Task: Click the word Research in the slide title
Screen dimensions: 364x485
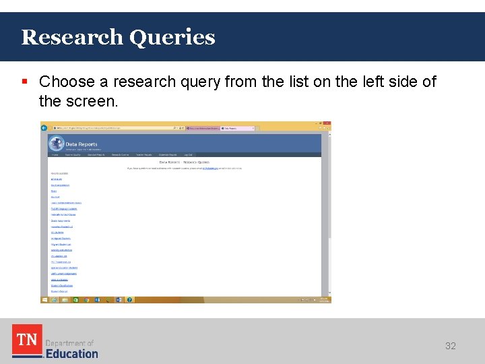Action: pos(72,37)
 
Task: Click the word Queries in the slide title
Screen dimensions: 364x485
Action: pos(172,38)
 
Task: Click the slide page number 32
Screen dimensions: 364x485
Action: pos(451,346)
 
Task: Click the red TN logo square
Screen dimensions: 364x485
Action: pos(27,340)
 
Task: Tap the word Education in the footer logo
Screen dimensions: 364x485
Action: pos(71,353)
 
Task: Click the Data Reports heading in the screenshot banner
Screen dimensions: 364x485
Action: pos(82,144)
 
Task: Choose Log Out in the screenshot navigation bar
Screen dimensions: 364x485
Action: pos(189,154)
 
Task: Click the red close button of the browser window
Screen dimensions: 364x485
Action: pos(326,123)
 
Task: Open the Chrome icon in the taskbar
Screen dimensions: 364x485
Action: pos(86,299)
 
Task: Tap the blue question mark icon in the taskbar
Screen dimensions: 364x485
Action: pos(129,299)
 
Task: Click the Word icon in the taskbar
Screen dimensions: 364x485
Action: pos(119,299)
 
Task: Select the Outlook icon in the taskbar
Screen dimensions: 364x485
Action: pos(97,299)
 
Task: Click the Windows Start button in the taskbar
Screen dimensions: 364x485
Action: pos(44,299)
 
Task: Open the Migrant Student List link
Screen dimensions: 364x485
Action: pos(61,244)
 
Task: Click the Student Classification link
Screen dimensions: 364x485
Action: pos(62,285)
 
